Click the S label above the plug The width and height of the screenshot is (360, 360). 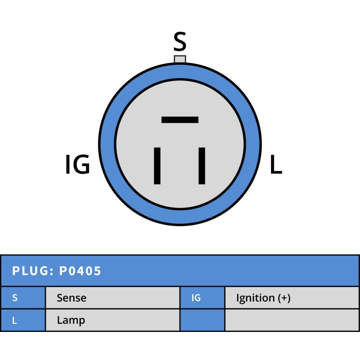pos(180,41)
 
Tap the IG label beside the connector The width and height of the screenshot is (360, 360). pos(78,164)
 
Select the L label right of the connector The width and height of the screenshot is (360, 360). pos(276,164)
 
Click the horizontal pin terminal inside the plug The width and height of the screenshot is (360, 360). pos(180,120)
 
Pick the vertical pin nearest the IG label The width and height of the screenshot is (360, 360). pos(157,166)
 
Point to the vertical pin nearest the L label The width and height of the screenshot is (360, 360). pos(202,166)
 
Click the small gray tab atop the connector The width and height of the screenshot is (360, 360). pos(180,59)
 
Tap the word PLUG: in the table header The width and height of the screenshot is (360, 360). pos(33,271)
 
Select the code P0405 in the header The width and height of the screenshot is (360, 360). pos(80,271)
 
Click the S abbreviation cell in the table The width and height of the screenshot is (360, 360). pos(23,298)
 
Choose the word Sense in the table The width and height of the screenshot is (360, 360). pos(71,298)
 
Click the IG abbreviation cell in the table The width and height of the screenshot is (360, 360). pos(202,298)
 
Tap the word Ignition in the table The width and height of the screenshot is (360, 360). pos(255,298)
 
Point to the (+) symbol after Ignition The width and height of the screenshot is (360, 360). pos(284,298)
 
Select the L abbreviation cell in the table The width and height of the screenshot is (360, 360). pos(23,320)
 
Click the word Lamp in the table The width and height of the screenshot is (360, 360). pos(71,320)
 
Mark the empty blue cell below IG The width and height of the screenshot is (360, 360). pos(202,320)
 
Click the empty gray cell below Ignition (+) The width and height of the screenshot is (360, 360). pos(292,320)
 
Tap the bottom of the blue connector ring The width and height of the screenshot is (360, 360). pos(180,217)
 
